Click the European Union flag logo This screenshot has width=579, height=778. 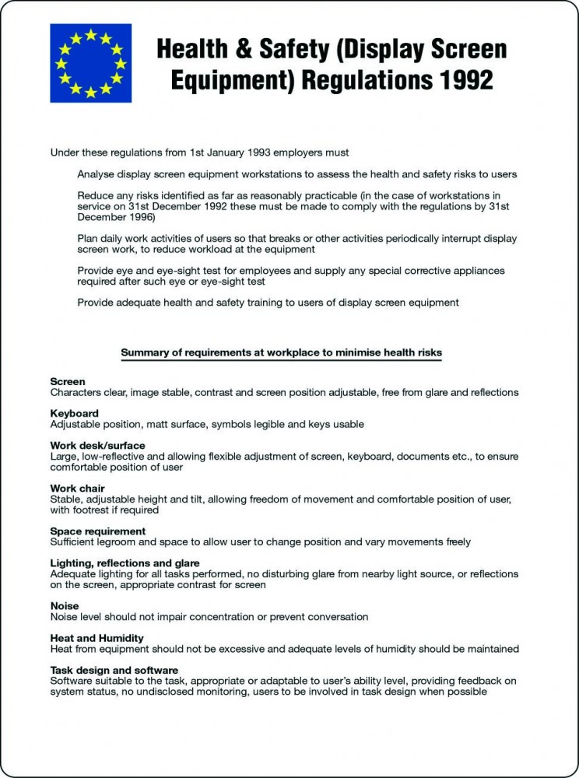(x=91, y=63)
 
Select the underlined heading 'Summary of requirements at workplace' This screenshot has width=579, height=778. (x=281, y=352)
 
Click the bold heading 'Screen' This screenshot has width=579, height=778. (x=68, y=382)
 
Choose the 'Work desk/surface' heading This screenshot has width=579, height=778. (x=97, y=446)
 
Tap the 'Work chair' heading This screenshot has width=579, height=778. (x=78, y=489)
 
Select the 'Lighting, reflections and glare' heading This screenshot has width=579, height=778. (x=125, y=562)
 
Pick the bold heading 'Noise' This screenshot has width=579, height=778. (x=65, y=605)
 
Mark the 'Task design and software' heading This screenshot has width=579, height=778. (x=114, y=670)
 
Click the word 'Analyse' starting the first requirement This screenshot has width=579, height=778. (x=96, y=174)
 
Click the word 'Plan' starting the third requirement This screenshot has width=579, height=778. (x=88, y=238)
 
